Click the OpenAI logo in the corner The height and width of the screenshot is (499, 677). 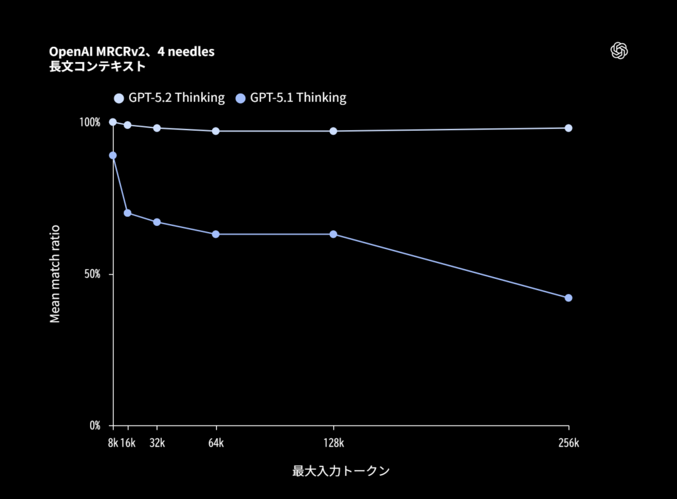(x=619, y=51)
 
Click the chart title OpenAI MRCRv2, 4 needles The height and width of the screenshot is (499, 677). (x=132, y=52)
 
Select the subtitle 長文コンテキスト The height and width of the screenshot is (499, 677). (x=98, y=66)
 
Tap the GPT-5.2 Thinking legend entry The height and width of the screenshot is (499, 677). (x=169, y=98)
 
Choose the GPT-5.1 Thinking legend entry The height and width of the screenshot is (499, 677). (x=291, y=98)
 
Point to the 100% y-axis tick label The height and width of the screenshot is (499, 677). (x=89, y=122)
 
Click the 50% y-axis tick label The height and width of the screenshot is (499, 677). (x=91, y=274)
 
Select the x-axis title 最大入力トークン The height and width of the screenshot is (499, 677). (x=340, y=471)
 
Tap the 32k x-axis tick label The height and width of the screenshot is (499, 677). (x=157, y=443)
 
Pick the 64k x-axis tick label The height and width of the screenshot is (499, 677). (x=216, y=443)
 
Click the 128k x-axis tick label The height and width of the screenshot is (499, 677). (x=333, y=443)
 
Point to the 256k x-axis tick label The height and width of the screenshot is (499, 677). (x=568, y=443)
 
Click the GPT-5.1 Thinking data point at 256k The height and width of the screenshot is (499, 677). (x=568, y=298)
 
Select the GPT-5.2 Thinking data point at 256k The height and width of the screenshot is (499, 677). (x=568, y=128)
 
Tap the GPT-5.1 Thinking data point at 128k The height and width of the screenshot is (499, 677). (x=333, y=235)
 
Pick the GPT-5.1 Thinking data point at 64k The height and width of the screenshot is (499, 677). (x=216, y=235)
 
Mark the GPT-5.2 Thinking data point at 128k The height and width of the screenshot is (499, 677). (x=333, y=131)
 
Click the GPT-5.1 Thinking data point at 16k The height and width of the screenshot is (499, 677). (x=128, y=213)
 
